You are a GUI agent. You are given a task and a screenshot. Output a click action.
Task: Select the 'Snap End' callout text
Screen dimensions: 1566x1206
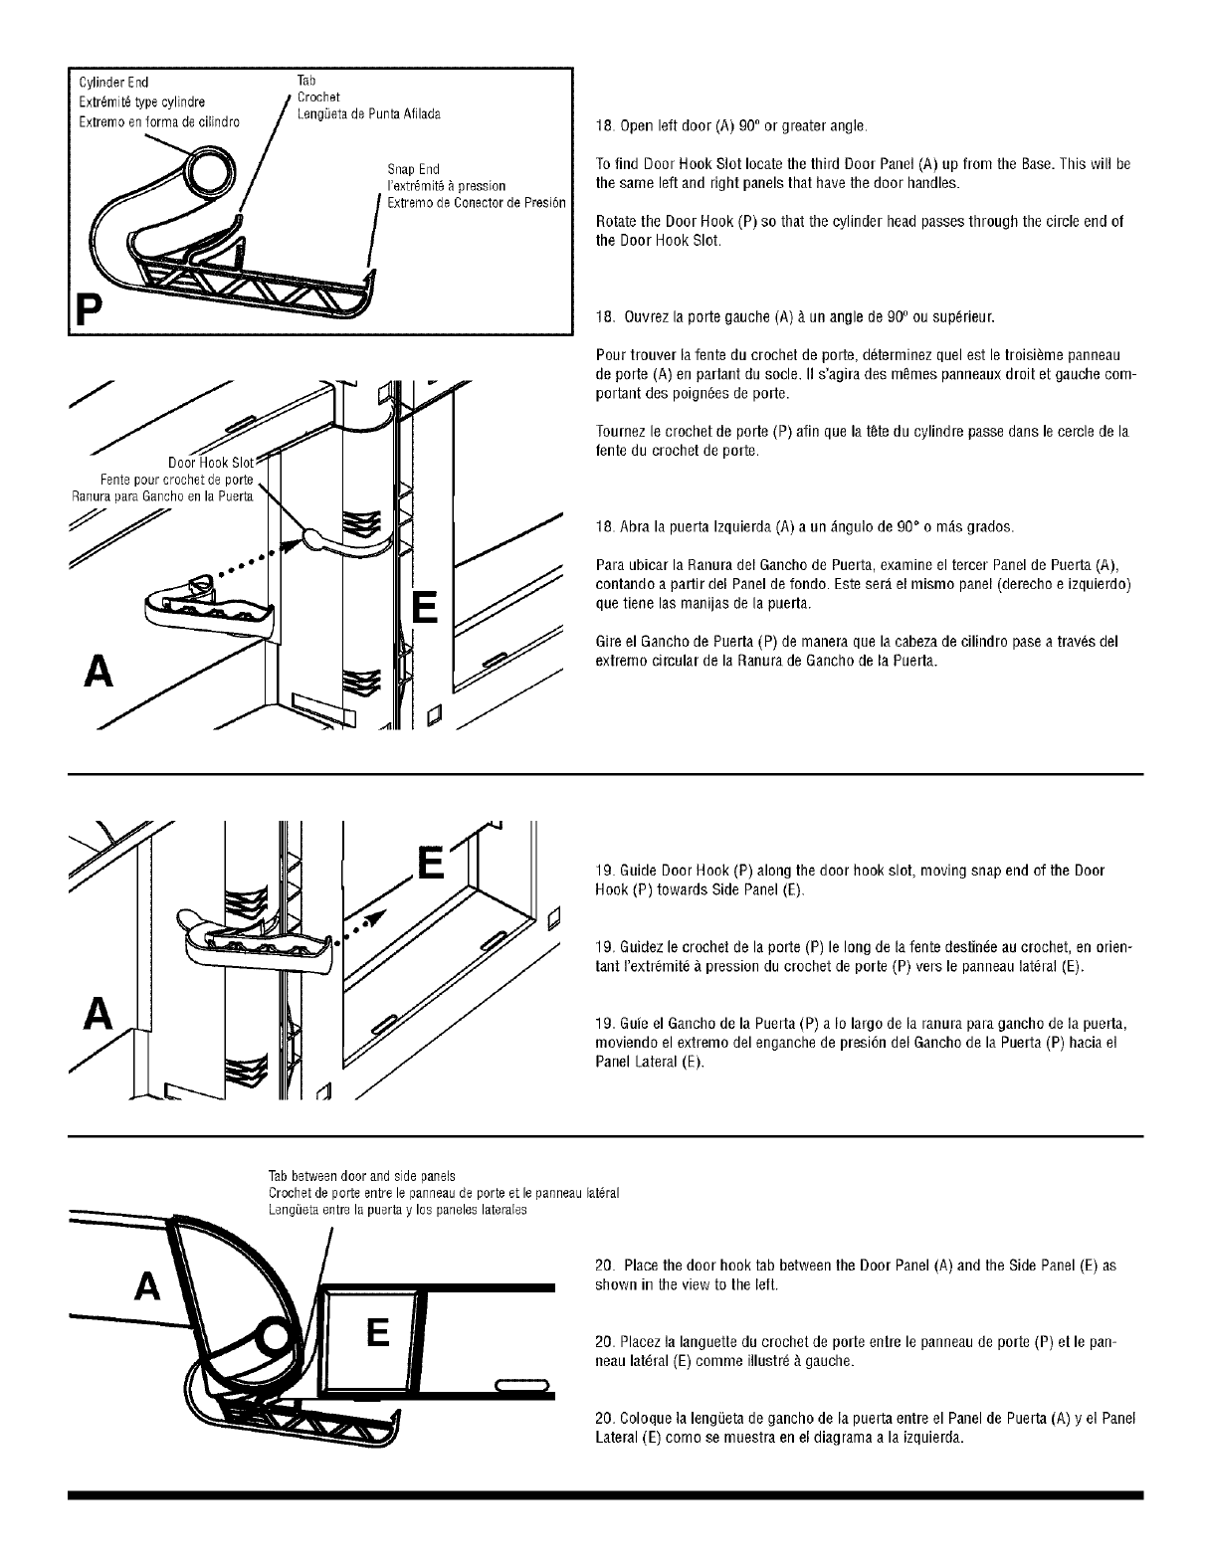[413, 169]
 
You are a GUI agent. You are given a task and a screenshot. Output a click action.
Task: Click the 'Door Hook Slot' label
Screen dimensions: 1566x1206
[212, 463]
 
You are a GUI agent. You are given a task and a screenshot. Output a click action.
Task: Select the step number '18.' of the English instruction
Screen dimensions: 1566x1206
[601, 126]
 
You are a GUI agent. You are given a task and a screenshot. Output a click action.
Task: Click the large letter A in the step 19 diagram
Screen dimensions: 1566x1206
[97, 1013]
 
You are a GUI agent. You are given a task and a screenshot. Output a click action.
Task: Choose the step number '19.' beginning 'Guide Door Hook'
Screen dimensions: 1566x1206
[602, 871]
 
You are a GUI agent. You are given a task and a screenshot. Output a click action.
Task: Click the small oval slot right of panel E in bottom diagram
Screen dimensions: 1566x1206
[521, 1386]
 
